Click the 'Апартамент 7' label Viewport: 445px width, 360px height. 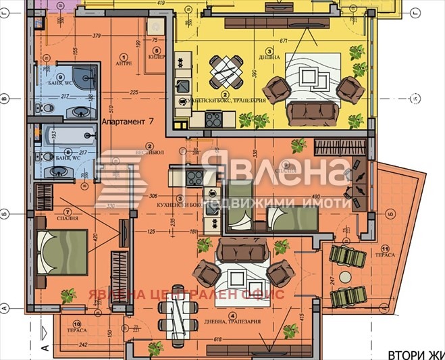[x=128, y=122]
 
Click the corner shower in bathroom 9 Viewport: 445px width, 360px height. [x=86, y=76]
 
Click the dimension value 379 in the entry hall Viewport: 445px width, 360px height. [x=97, y=36]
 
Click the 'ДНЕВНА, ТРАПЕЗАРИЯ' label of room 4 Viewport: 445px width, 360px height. [x=233, y=323]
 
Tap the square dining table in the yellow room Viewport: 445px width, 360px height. [x=226, y=67]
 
